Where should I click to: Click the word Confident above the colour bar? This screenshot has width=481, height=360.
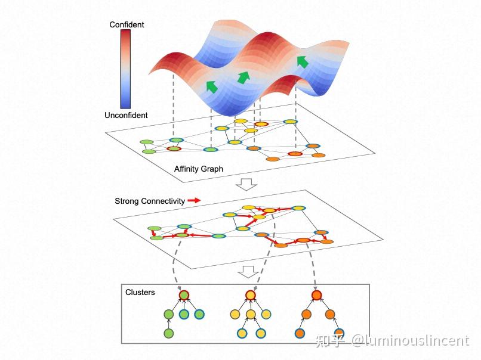point(127,24)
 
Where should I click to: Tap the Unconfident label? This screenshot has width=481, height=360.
point(126,115)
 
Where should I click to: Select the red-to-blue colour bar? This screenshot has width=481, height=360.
point(125,69)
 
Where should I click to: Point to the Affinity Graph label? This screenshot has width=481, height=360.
point(199,169)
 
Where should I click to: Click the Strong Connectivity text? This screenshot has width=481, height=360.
point(150,201)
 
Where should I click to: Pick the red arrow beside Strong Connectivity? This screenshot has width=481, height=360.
point(194,200)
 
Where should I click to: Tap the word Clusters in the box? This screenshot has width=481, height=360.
point(140,292)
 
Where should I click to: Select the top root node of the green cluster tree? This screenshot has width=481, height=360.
point(184,295)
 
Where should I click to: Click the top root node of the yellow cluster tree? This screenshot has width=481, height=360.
point(251,295)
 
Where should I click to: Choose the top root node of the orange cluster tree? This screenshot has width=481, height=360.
point(316,295)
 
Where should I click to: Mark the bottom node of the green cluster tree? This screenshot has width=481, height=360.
point(169,333)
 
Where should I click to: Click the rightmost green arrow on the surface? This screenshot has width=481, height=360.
point(303,62)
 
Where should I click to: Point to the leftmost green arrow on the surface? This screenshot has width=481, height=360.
point(211,86)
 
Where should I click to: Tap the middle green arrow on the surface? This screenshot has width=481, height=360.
point(243,77)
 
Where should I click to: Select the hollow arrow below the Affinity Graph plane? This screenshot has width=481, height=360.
point(246,184)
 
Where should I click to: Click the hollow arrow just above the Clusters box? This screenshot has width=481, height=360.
point(248,271)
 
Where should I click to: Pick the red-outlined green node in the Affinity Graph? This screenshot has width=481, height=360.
point(174,148)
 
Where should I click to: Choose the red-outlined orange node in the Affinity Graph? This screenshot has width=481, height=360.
point(295,154)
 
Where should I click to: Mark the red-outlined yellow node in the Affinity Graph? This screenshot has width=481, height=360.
point(261,124)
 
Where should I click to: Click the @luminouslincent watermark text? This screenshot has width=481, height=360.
point(411,341)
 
